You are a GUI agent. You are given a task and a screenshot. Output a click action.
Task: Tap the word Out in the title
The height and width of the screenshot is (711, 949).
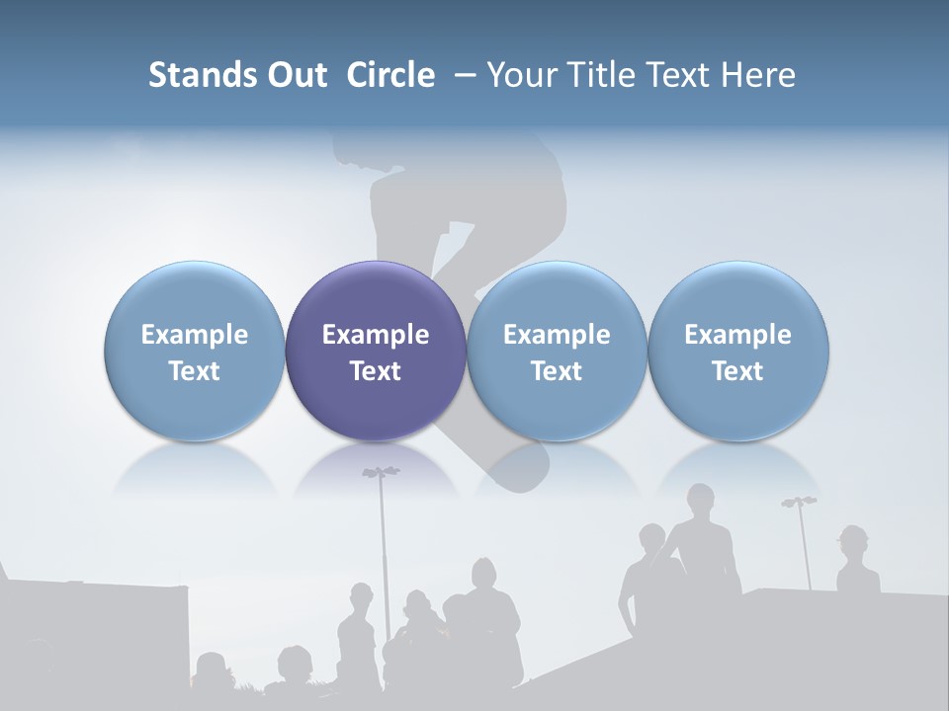pyautogui.click(x=298, y=75)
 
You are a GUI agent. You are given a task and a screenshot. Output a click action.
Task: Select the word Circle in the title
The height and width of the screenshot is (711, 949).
pyautogui.click(x=390, y=75)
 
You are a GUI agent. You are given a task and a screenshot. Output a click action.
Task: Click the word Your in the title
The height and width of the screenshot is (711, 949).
pyautogui.click(x=522, y=75)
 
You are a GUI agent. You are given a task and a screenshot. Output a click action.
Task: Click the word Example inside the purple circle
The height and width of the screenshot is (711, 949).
pyautogui.click(x=376, y=335)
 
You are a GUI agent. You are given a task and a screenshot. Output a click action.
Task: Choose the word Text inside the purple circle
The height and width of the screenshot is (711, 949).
pyautogui.click(x=376, y=371)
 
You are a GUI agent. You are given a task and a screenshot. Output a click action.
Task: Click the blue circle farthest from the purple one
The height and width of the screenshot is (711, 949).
pyautogui.click(x=738, y=351)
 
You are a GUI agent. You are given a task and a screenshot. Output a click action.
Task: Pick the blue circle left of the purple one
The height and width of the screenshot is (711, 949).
pyautogui.click(x=195, y=351)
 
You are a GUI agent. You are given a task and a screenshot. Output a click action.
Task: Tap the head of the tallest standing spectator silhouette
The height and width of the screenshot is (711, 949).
pyautogui.click(x=701, y=499)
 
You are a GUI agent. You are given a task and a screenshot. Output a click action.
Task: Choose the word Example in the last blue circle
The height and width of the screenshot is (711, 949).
pyautogui.click(x=738, y=335)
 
